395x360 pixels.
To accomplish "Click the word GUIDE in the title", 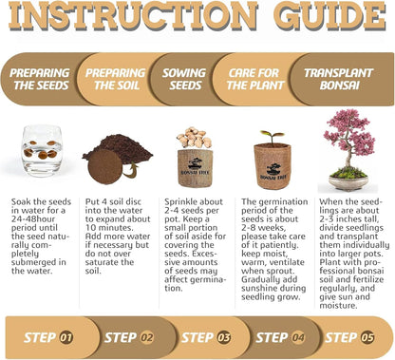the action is [x=329, y=16].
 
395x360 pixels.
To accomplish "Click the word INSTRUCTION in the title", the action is [x=133, y=16].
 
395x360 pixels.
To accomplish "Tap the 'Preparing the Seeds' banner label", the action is [x=40, y=79].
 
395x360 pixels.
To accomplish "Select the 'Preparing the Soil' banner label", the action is [x=116, y=79].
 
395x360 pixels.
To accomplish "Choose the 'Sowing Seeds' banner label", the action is [x=184, y=79].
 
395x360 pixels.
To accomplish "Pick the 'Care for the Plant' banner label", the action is [x=254, y=79].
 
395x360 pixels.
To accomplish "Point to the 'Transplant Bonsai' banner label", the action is [x=339, y=79].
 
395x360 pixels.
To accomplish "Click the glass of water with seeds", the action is [x=42, y=150].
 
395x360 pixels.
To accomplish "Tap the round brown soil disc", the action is [x=104, y=166].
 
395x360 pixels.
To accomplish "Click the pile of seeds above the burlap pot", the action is [x=195, y=138].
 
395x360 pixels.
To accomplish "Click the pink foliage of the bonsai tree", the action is [x=349, y=131].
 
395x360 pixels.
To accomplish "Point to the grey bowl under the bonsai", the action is [x=348, y=183].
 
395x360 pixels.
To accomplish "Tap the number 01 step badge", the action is [x=66, y=337].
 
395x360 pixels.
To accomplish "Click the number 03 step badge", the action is [x=223, y=337].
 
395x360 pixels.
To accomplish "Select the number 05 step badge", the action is [x=367, y=337].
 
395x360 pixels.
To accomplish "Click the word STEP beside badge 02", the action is [x=121, y=337].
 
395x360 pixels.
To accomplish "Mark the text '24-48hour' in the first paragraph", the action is [x=33, y=219].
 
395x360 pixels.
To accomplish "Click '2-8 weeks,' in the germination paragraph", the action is [x=264, y=228].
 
